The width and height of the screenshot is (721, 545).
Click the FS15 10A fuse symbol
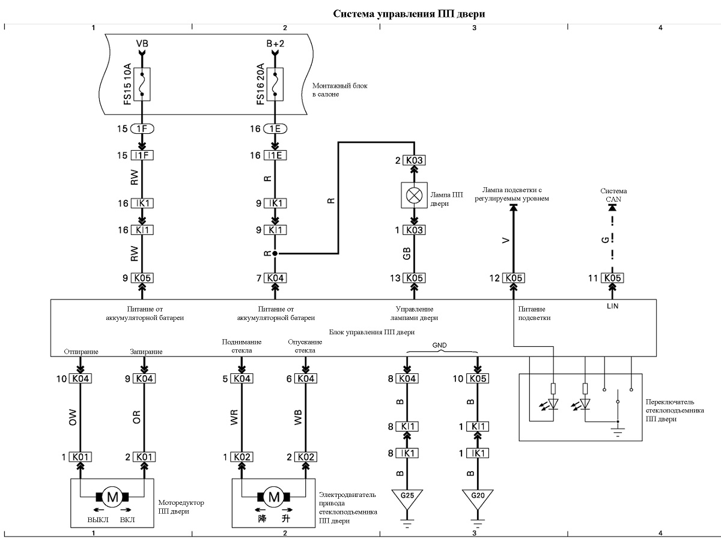click(x=142, y=84)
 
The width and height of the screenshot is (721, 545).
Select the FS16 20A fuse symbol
click(x=275, y=84)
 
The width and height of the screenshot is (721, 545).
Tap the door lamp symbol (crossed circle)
click(x=414, y=196)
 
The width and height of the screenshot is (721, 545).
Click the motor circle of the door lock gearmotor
click(x=112, y=497)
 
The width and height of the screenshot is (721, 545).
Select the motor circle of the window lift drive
click(x=274, y=497)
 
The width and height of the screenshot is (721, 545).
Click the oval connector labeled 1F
click(x=142, y=129)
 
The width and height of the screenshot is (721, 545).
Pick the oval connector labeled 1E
click(x=275, y=129)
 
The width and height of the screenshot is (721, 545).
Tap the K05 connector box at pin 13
click(x=415, y=279)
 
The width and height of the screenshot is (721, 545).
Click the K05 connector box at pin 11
click(x=613, y=279)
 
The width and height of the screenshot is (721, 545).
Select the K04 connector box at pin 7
click(x=275, y=279)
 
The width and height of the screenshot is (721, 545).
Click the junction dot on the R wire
click(x=275, y=253)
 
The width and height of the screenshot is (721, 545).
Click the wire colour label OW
click(x=73, y=417)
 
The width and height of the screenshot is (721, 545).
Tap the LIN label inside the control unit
click(x=613, y=306)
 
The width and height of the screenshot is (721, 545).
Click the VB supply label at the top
click(x=142, y=43)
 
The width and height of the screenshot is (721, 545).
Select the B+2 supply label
click(x=275, y=43)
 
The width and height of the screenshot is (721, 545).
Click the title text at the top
click(x=409, y=14)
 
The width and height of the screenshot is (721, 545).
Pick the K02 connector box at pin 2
click(x=306, y=457)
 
